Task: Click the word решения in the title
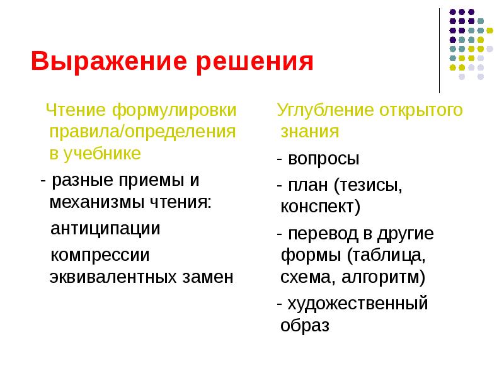[255, 63]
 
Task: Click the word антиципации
[105, 228]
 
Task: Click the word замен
[206, 277]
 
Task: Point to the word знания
[310, 132]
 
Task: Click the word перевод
[321, 233]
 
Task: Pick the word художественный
[357, 304]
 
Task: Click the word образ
[305, 326]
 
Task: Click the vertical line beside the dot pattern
[440, 50]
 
